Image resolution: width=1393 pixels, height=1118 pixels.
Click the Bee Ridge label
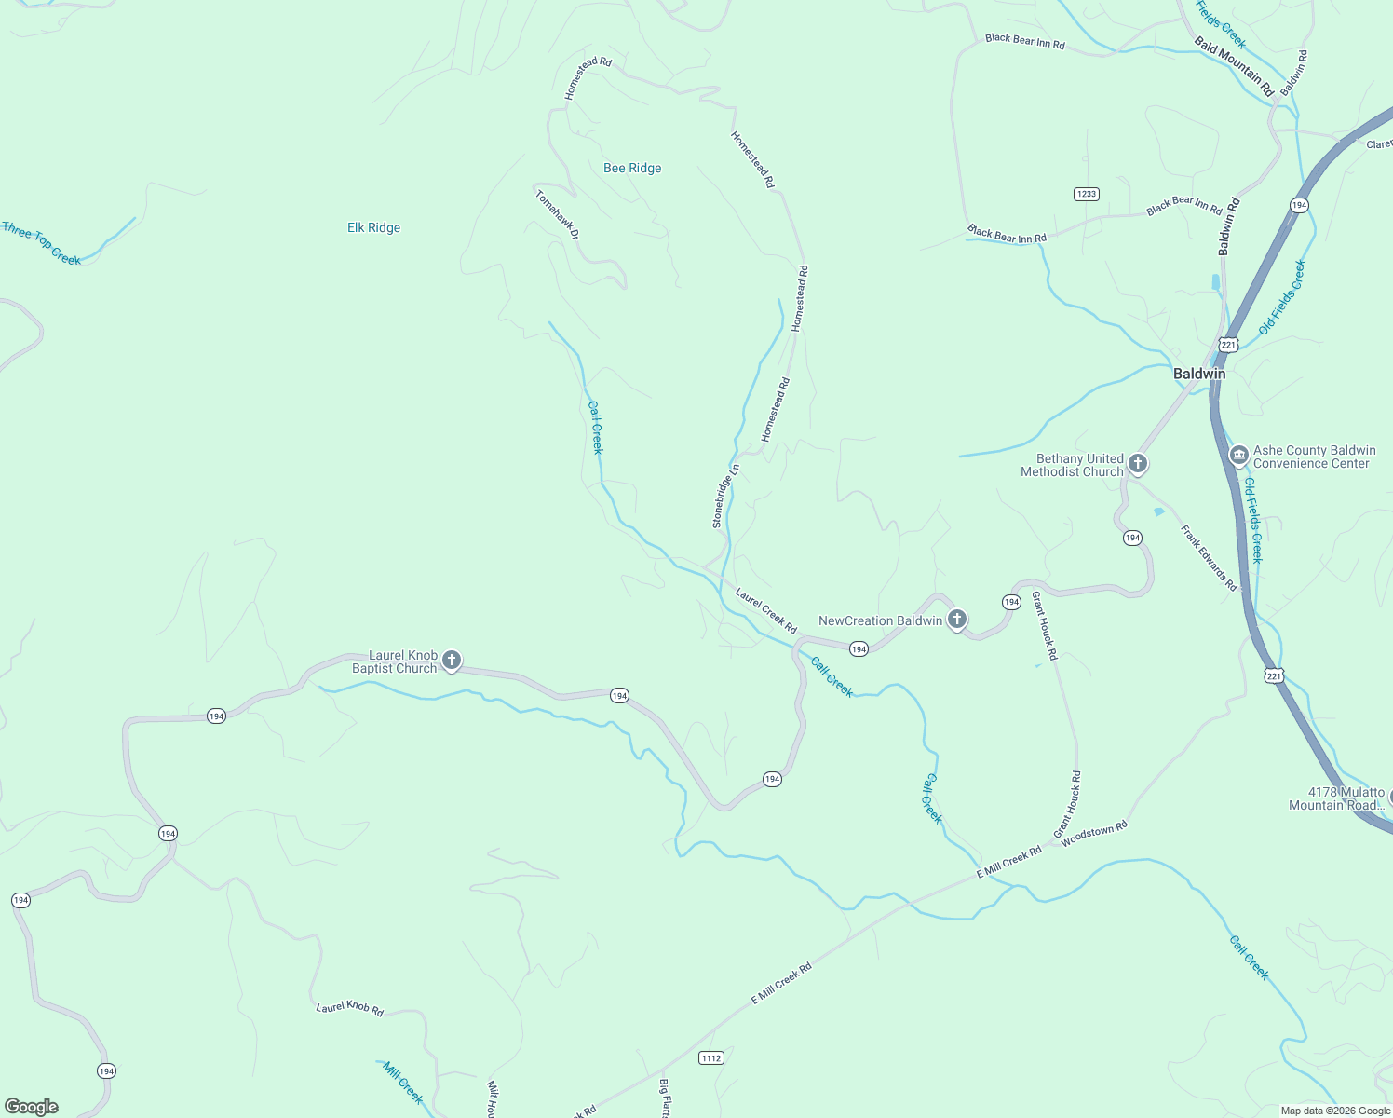tap(632, 169)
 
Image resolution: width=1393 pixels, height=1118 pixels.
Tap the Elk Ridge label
tap(373, 228)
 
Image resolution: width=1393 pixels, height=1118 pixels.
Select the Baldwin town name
tap(1199, 374)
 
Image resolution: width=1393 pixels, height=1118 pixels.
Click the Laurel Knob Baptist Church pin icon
tap(452, 661)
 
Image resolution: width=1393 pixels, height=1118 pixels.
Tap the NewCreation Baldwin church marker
tap(956, 620)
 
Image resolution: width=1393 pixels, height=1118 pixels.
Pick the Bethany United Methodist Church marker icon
tap(1137, 463)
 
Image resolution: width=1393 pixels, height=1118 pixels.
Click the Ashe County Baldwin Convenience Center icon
tap(1238, 456)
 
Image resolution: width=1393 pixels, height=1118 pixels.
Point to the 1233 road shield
tap(1087, 194)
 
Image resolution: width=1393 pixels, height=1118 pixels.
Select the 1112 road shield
tap(711, 1057)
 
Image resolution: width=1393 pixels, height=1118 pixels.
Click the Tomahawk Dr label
tap(558, 214)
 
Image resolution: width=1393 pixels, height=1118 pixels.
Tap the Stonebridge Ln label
tap(726, 496)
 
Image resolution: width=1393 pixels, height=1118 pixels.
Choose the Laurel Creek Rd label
tap(765, 610)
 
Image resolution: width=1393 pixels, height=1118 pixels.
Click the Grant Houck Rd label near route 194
tap(1044, 626)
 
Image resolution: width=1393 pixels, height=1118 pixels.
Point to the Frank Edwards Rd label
tap(1209, 558)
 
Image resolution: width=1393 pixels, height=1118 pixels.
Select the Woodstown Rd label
tap(1094, 832)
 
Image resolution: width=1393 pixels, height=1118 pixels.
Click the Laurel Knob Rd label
tap(349, 1008)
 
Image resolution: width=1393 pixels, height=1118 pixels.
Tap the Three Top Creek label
tap(42, 243)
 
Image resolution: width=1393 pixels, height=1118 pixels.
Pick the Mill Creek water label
tap(403, 1083)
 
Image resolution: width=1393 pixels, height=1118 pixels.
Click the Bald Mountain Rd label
tap(1234, 67)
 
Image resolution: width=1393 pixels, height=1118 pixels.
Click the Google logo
tap(32, 1107)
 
